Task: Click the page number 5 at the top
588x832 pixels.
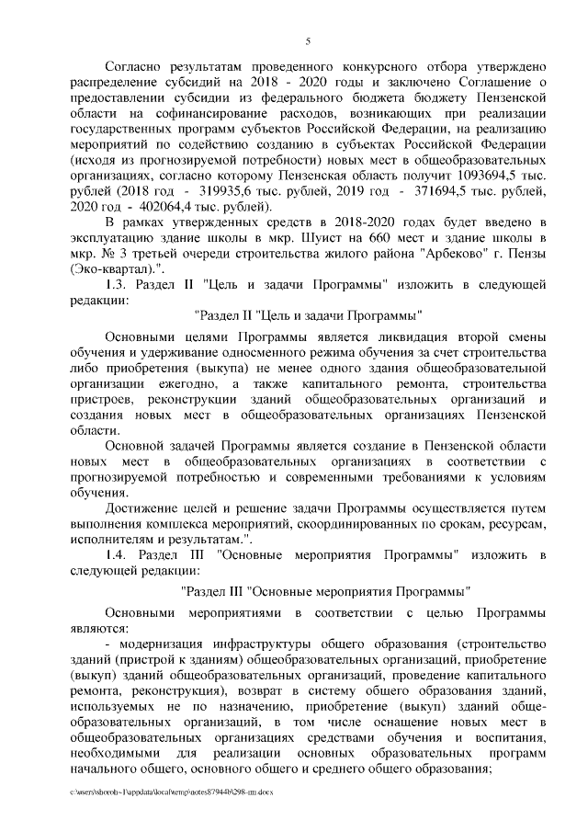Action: click(x=309, y=40)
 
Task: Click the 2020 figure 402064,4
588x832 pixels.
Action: click(x=179, y=206)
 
